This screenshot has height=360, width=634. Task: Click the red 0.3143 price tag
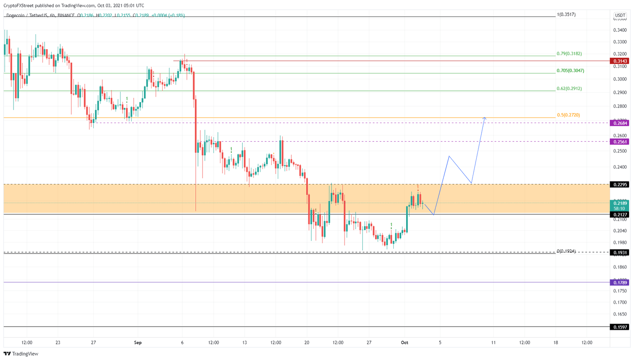(x=620, y=61)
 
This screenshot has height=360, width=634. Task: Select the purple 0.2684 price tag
(x=620, y=123)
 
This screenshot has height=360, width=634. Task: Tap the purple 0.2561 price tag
(x=620, y=142)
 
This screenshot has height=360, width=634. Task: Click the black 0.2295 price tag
(x=620, y=185)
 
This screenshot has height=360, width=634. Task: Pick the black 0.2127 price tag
(x=620, y=215)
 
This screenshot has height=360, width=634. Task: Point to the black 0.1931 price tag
(x=620, y=252)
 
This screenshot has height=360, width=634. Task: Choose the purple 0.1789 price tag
(x=620, y=282)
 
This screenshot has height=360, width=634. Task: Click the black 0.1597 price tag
(x=620, y=327)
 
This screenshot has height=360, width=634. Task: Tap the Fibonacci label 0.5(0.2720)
(x=568, y=115)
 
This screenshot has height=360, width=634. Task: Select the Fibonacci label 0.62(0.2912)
(x=569, y=88)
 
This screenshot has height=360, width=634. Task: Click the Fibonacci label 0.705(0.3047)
(x=570, y=71)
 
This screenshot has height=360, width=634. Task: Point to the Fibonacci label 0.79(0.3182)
(x=569, y=54)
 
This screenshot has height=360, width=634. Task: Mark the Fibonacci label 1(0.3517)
(x=566, y=14)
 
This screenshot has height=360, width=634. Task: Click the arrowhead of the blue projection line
(x=485, y=118)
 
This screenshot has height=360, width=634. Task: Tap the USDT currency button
(x=620, y=15)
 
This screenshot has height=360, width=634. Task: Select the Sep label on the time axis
(x=138, y=343)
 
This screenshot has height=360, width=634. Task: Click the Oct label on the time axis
(x=405, y=343)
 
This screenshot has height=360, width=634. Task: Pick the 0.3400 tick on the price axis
(x=620, y=30)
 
